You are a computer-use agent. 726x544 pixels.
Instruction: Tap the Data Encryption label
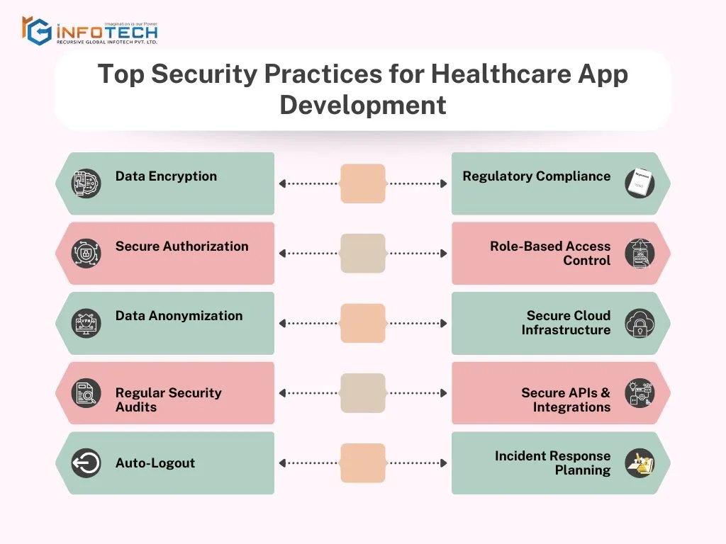pos(166,176)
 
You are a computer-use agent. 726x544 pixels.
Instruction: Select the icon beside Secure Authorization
pos(86,254)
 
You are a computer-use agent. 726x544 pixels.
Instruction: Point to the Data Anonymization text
pos(179,316)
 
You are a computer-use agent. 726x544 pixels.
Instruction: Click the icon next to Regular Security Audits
pos(86,393)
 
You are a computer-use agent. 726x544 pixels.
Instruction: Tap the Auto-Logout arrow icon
pos(86,463)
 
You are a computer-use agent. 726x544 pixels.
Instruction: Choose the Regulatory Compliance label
pos(536,176)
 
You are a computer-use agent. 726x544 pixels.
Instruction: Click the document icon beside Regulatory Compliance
pos(640,183)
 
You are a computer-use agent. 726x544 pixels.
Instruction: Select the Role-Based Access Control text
pos(550,254)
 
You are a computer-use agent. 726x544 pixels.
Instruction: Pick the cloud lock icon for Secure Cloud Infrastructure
pos(640,324)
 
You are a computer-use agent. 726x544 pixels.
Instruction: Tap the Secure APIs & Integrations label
pos(566,400)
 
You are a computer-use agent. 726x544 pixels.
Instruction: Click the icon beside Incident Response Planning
pos(640,463)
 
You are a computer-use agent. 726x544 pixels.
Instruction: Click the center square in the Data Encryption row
pos(363,183)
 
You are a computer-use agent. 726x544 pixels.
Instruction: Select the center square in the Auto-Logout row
pos(363,463)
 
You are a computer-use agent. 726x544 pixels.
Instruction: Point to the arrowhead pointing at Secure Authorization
pos(282,254)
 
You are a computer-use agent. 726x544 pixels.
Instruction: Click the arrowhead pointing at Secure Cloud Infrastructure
pos(444,324)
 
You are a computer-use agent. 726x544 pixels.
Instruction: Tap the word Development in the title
pos(363,105)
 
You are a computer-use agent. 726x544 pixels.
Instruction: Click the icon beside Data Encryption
pos(86,183)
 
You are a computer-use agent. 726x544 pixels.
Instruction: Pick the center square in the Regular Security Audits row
pos(363,393)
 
